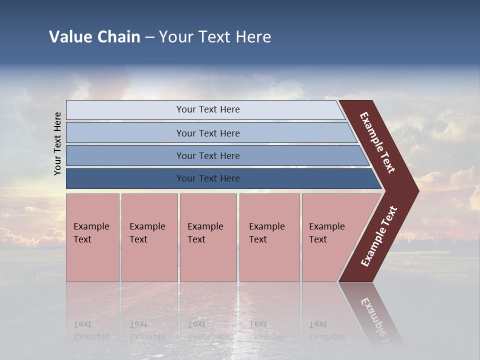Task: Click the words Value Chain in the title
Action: click(x=94, y=37)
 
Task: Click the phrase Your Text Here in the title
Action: click(x=215, y=37)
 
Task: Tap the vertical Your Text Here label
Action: click(x=57, y=143)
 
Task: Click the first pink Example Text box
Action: click(x=92, y=237)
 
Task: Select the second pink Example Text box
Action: click(x=149, y=237)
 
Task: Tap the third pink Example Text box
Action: click(x=208, y=237)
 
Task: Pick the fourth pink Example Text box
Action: click(x=269, y=237)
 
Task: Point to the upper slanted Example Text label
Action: click(x=377, y=142)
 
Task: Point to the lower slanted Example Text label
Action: click(x=379, y=236)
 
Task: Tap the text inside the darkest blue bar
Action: click(x=208, y=178)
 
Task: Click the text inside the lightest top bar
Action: click(x=208, y=109)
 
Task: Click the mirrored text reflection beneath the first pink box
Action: click(x=90, y=330)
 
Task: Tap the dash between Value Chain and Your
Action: click(x=149, y=37)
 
